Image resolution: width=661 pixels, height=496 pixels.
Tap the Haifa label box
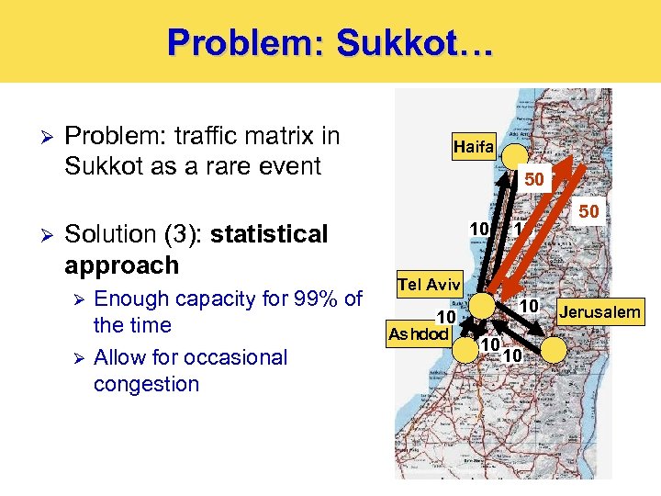(474, 146)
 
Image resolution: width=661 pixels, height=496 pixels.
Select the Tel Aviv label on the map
(429, 285)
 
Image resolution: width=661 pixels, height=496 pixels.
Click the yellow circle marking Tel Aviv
(481, 306)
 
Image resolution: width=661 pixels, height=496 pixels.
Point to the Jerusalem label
(600, 313)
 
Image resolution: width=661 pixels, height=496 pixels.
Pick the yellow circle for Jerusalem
(554, 348)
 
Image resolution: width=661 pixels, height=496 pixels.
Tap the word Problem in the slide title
(235, 41)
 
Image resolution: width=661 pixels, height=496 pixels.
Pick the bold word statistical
(269, 234)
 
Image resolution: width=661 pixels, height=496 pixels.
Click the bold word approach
(122, 265)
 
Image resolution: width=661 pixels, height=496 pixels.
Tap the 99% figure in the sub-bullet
(313, 299)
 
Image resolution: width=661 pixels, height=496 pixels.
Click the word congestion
(146, 383)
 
